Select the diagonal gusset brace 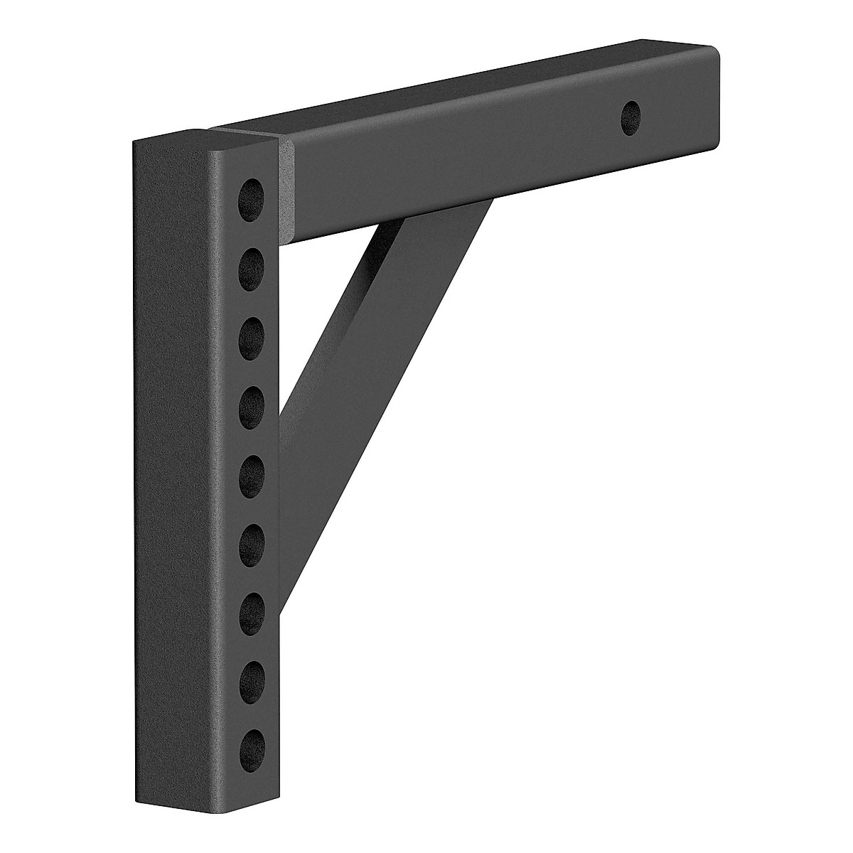[370, 355]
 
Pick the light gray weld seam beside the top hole [286, 192]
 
